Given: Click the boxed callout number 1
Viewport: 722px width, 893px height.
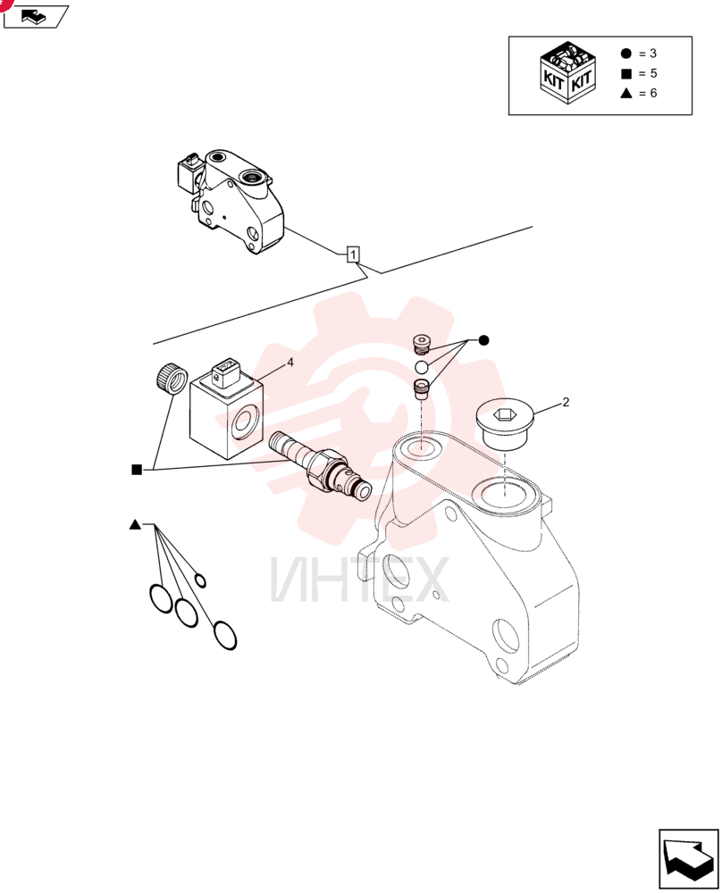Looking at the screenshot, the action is click(x=353, y=254).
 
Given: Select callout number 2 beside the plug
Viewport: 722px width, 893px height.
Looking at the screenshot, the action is click(x=566, y=402).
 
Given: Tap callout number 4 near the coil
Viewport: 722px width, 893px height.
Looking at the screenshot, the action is click(x=290, y=363).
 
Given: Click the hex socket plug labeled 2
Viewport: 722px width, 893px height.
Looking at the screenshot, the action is click(x=504, y=423).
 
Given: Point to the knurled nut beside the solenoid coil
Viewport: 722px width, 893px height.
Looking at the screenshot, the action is click(x=171, y=378).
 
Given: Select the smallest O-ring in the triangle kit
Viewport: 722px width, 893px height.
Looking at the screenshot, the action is click(x=200, y=581).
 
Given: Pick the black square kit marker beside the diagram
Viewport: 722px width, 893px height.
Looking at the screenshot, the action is click(x=137, y=470).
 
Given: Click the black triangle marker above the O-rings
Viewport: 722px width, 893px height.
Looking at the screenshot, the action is click(x=135, y=524).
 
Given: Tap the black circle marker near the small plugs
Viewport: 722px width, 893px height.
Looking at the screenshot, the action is click(x=483, y=340).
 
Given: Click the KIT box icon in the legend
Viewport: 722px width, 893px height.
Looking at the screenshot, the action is click(x=567, y=73).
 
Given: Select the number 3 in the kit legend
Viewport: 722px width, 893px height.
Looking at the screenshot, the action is click(x=653, y=54).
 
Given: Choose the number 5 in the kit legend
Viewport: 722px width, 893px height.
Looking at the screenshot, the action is click(x=653, y=73).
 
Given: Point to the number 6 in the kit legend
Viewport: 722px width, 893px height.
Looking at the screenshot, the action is click(x=653, y=93).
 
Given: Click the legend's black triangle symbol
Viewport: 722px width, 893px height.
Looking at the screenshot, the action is click(x=626, y=93).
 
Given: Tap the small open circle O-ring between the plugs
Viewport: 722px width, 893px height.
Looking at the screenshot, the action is click(x=422, y=367).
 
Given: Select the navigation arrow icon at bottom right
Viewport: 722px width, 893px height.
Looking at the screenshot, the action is click(x=688, y=859).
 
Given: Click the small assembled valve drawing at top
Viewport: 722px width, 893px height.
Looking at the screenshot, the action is click(x=231, y=201).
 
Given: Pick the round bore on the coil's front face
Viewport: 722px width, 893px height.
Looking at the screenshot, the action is click(x=245, y=422).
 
